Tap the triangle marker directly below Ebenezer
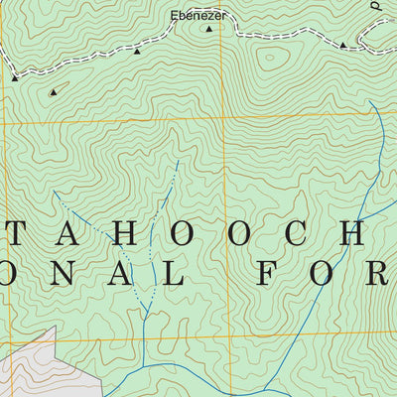tap(208, 30)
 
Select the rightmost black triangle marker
tap(343, 45)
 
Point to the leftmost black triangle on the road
tap(15, 76)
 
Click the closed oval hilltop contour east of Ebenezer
tap(268, 60)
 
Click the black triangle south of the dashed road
tap(53, 91)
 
